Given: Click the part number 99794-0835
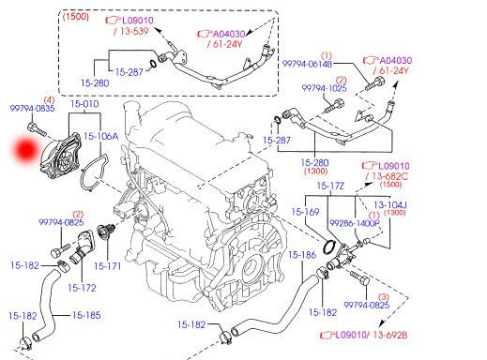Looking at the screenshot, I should [32, 110].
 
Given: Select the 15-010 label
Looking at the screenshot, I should [85, 105].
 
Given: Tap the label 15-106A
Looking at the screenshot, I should [102, 136].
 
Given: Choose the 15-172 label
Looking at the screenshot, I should [83, 287].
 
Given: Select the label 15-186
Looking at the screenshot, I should [302, 255].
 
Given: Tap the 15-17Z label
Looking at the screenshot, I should [330, 187].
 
